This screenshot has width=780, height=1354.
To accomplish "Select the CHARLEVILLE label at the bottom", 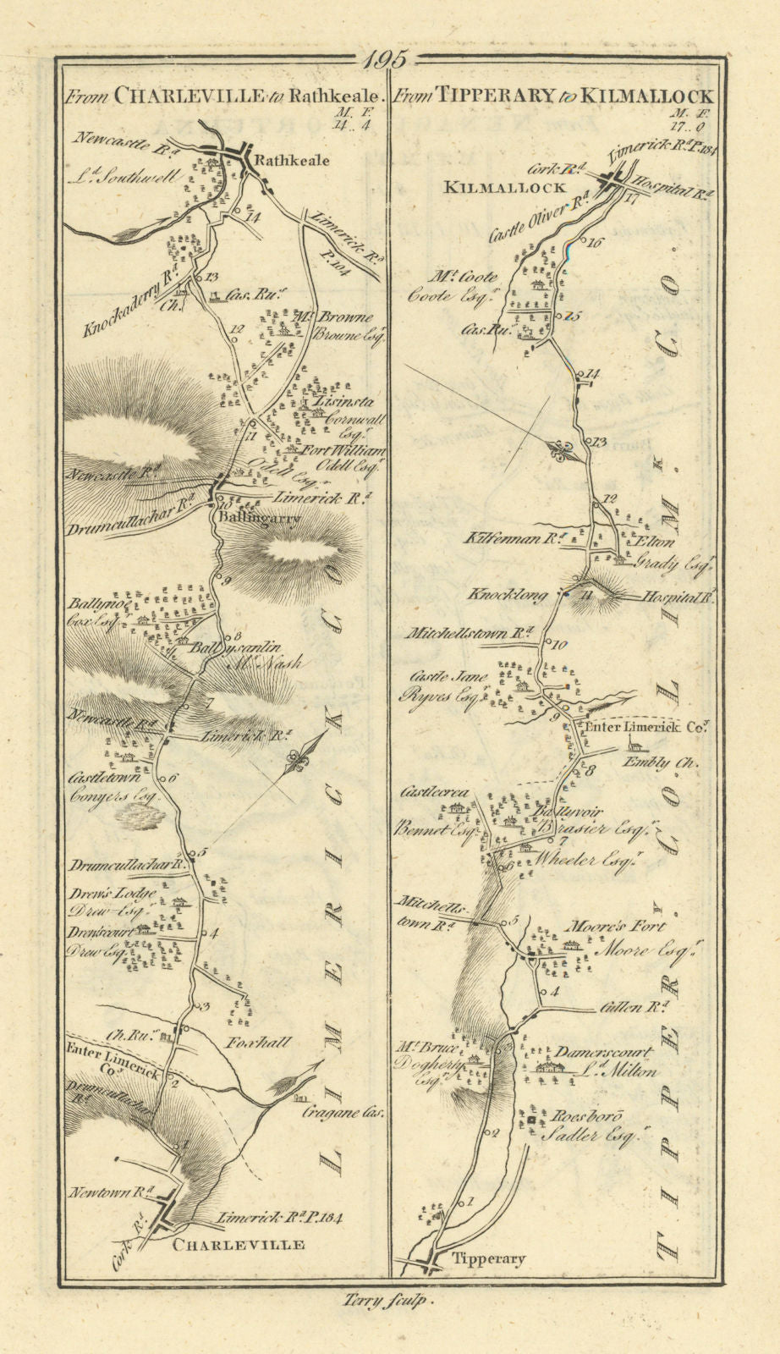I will (238, 1244).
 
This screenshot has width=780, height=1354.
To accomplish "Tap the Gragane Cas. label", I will (343, 1113).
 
